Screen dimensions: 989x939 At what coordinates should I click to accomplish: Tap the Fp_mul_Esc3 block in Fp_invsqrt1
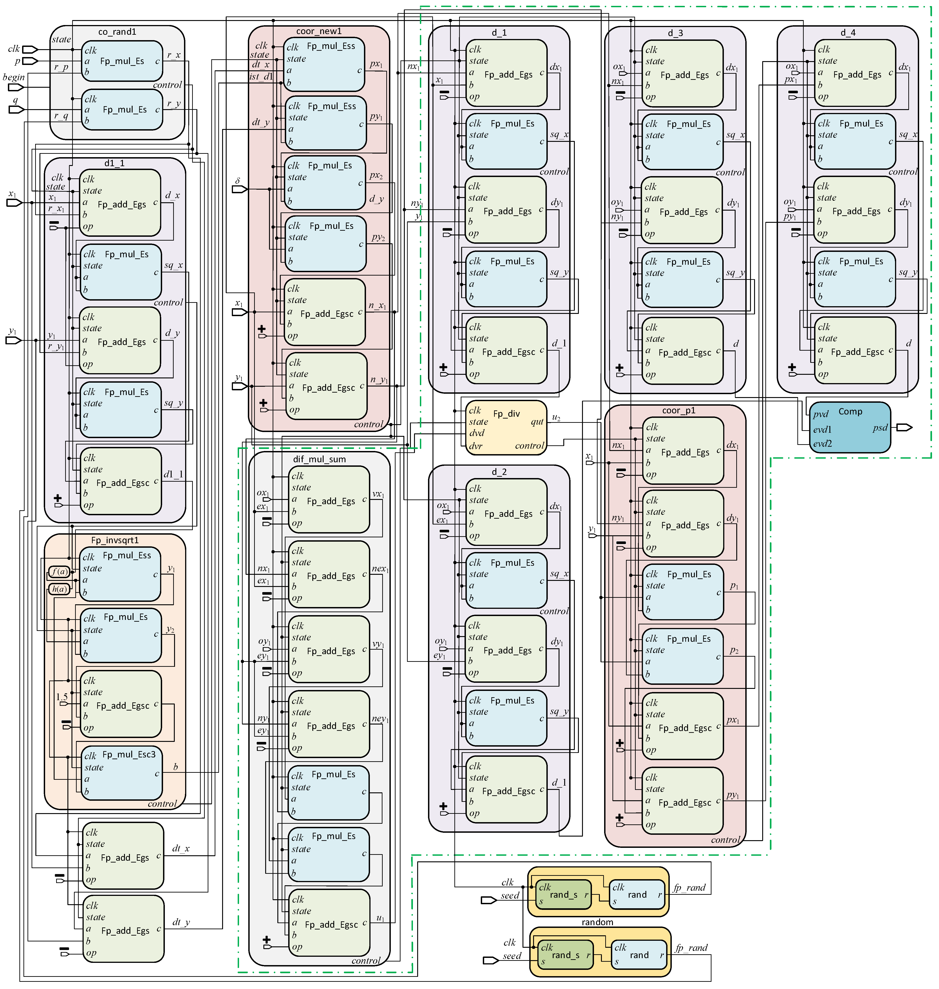[x=122, y=772]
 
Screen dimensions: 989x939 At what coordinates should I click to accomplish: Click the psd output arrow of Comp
[x=904, y=428]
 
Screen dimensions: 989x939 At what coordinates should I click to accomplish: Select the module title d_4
[x=848, y=32]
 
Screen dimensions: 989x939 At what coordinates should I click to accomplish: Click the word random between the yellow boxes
[x=597, y=922]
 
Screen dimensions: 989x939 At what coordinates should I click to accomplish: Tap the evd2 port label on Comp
[x=822, y=444]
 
